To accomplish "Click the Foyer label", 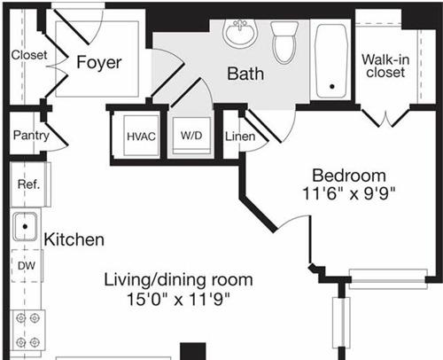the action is point(99,63).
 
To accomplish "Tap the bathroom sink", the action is point(240,33).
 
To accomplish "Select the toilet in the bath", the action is point(284,42).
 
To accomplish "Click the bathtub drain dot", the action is point(332,87).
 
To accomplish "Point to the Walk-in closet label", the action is point(385,66).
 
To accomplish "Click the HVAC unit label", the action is point(141,137).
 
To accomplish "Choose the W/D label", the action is point(191,136).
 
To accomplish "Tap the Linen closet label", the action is point(240,137).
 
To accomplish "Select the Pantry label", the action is point(31,136).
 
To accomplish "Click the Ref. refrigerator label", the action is point(28,184).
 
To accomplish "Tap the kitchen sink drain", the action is point(25,227).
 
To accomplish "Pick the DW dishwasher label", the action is point(27,266).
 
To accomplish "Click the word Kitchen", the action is point(74,239).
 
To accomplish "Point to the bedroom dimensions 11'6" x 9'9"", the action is point(348,193).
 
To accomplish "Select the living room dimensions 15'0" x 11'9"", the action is point(178,299).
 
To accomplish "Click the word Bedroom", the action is point(349,176).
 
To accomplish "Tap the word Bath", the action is point(245,74).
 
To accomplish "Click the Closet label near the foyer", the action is point(29,55).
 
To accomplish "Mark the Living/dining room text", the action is point(178,280).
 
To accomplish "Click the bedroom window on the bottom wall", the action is point(388,278).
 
